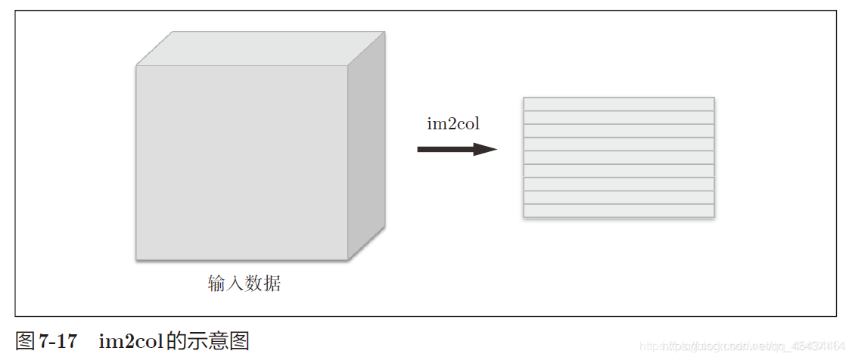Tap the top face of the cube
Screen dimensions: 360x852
point(261,48)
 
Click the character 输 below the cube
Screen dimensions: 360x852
point(217,284)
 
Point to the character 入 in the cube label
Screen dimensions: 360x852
point(235,284)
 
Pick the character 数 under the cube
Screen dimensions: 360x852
point(254,284)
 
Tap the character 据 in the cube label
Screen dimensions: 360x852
point(272,284)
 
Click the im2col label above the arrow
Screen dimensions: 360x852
point(453,124)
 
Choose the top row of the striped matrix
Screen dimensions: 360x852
point(618,104)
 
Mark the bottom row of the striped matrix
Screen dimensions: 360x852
point(618,211)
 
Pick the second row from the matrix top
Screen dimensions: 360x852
point(618,117)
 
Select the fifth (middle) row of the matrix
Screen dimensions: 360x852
point(618,157)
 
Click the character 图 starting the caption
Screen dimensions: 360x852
point(25,341)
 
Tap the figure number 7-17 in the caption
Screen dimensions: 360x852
point(58,341)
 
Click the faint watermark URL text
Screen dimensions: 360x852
point(742,346)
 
